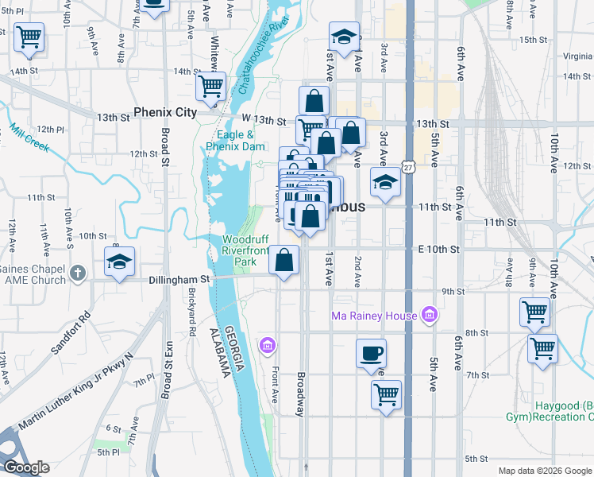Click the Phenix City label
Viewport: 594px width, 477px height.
165,113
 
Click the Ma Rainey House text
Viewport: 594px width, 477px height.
374,316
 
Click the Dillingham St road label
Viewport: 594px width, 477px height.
179,280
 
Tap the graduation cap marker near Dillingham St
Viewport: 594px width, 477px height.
119,262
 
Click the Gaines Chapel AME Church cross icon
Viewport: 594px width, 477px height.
77,274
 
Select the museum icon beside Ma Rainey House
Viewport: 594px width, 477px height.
430,316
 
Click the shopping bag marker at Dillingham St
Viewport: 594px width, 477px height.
284,259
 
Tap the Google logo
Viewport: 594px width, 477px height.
25,467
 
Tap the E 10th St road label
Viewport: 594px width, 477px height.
438,249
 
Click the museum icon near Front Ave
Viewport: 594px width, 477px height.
268,346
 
